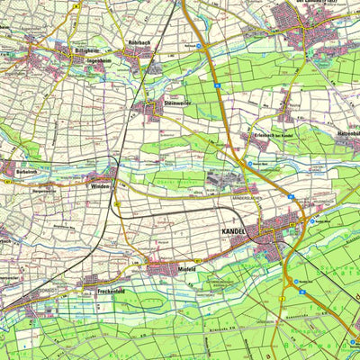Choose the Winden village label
tap(100, 186)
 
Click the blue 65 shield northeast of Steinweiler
tap(218, 86)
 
